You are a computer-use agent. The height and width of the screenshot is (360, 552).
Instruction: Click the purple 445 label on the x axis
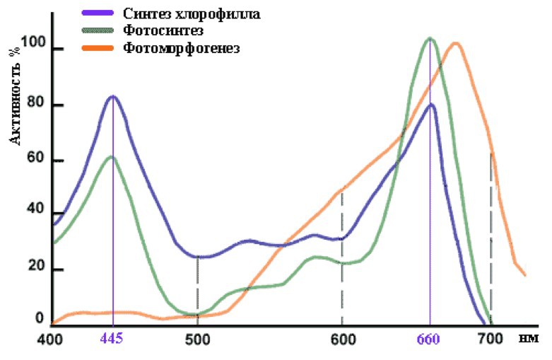pos(112,339)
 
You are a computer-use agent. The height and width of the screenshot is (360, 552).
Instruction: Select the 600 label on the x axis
pos(342,339)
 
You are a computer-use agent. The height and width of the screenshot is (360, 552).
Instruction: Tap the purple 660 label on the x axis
pos(429,339)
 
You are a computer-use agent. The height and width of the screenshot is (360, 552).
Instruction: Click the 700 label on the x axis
pos(489,339)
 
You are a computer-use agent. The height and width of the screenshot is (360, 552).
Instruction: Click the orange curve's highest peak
pos(456,43)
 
